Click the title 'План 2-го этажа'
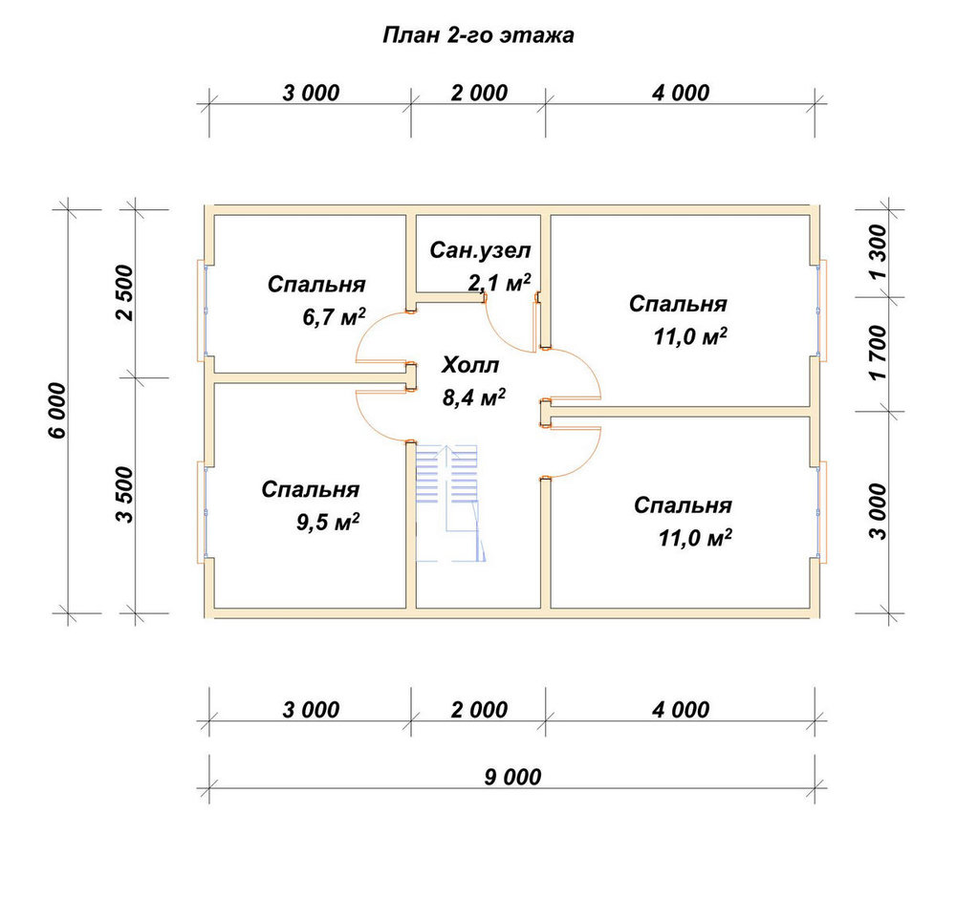click(478, 35)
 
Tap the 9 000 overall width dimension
click(512, 777)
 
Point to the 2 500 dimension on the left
click(123, 292)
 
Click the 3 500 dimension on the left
click(123, 494)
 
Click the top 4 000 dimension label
click(681, 93)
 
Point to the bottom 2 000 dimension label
click(479, 709)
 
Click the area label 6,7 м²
click(334, 316)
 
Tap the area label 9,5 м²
click(327, 522)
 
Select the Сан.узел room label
click(480, 250)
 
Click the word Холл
click(470, 365)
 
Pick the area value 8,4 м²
click(474, 397)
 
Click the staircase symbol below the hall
click(450, 503)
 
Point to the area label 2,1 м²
click(499, 282)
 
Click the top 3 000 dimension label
click(311, 93)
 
